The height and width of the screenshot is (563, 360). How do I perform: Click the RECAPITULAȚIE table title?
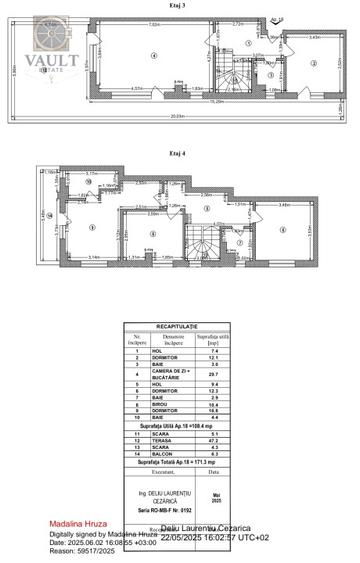182,326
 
